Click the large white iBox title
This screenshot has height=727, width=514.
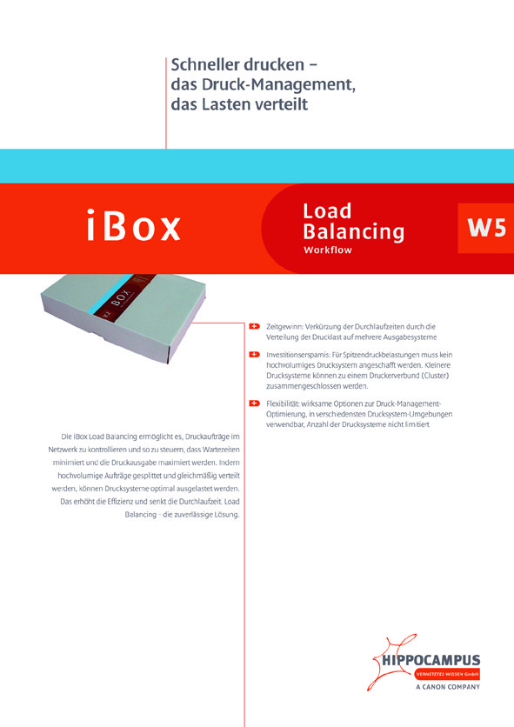click(134, 226)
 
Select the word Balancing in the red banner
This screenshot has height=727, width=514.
click(353, 231)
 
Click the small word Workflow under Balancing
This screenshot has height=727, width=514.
click(328, 250)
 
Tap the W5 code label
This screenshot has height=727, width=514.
click(486, 228)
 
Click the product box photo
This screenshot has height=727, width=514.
click(123, 317)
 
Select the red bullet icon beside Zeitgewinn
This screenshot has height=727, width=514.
click(254, 326)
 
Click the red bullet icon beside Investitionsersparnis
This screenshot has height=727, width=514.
click(254, 355)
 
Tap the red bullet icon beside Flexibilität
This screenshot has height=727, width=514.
click(254, 404)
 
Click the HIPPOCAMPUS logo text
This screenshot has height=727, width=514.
click(431, 660)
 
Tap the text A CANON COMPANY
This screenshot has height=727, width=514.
click(448, 687)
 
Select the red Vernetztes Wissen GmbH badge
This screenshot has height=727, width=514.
click(447, 674)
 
